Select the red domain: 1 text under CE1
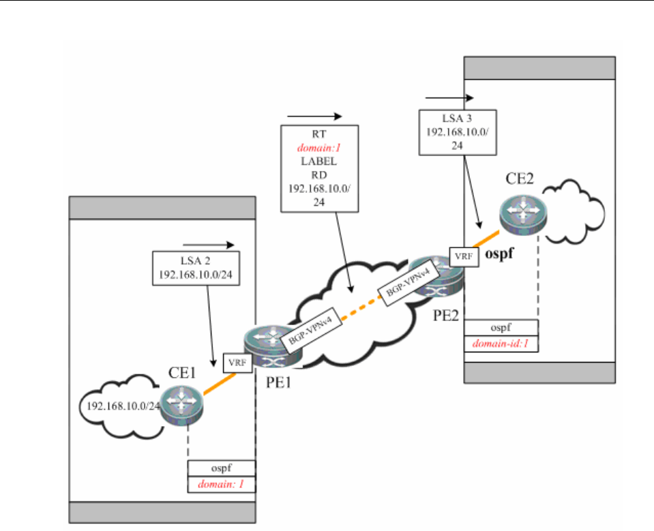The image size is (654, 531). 222,485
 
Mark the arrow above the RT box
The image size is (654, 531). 314,116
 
